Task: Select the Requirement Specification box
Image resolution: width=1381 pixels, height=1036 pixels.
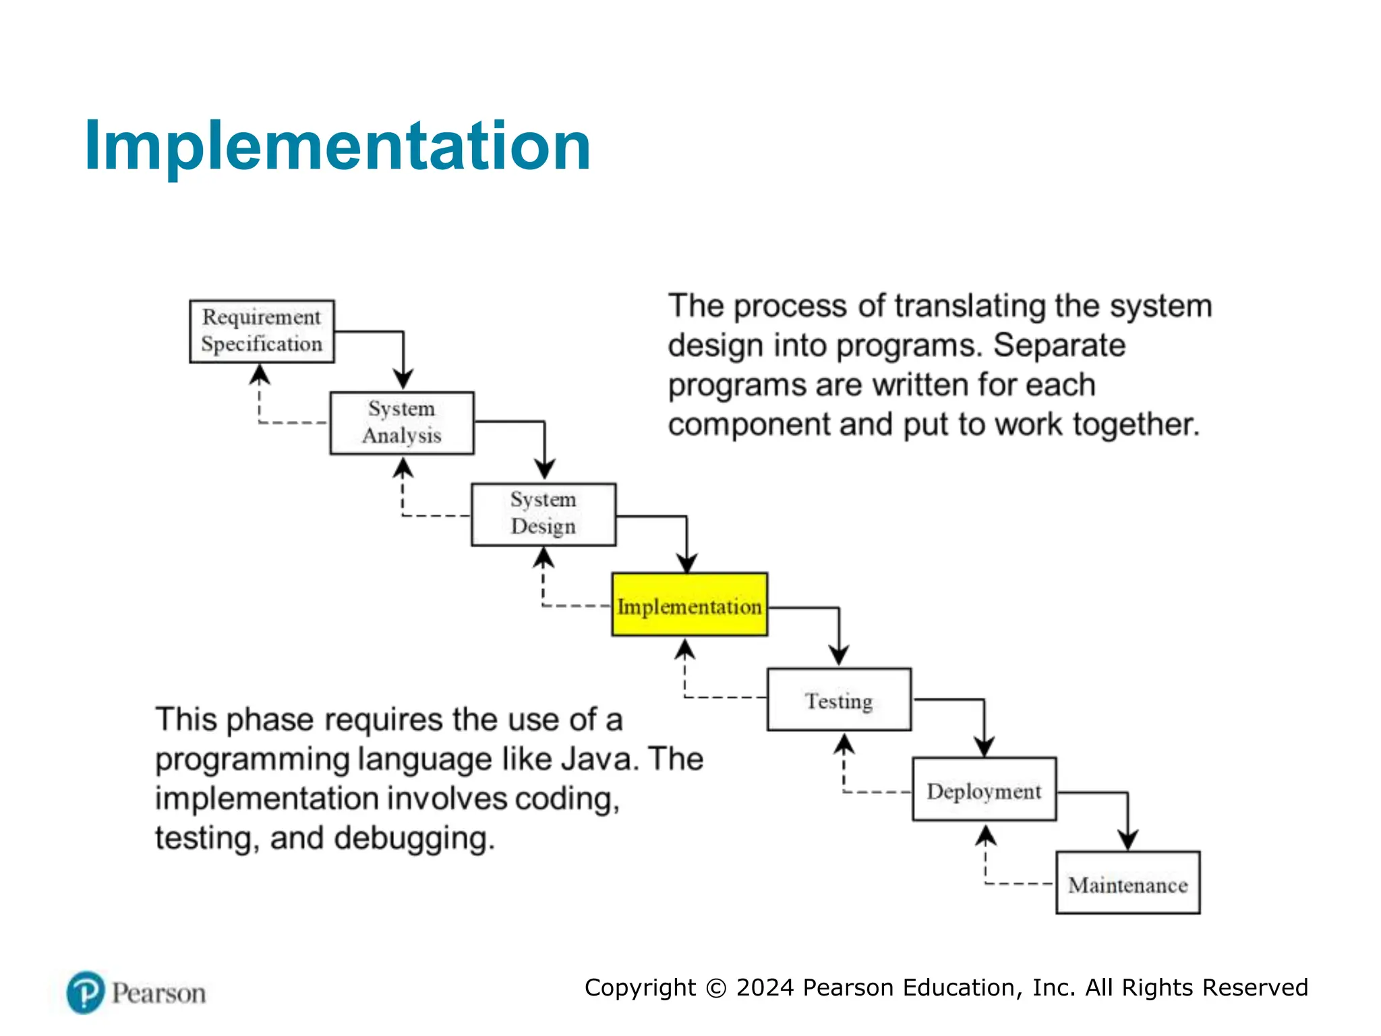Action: pyautogui.click(x=262, y=331)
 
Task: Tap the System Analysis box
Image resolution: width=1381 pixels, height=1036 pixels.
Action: pyautogui.click(x=402, y=423)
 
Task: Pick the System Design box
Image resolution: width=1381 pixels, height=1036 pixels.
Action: pyautogui.click(x=543, y=514)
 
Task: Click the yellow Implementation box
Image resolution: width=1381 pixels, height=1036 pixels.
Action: pyautogui.click(x=689, y=605)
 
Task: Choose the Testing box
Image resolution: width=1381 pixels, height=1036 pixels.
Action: pyautogui.click(x=839, y=699)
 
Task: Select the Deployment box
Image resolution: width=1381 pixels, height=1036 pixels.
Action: pyautogui.click(x=984, y=789)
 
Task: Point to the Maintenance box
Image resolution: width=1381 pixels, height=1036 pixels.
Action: pyautogui.click(x=1127, y=883)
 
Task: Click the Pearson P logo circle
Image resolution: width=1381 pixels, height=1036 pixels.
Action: pyautogui.click(x=86, y=992)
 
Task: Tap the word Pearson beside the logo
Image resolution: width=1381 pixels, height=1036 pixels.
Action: pyautogui.click(x=158, y=994)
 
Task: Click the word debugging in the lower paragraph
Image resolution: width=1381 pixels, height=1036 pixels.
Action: pyautogui.click(x=414, y=838)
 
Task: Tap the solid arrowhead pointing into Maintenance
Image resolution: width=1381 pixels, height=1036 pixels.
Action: pyautogui.click(x=1128, y=840)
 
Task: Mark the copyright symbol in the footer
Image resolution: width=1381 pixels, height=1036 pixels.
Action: pyautogui.click(x=715, y=988)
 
